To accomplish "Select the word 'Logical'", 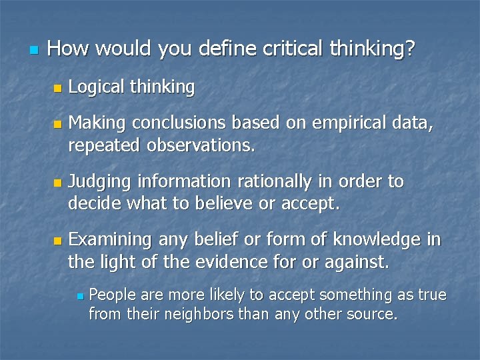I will click(x=95, y=87).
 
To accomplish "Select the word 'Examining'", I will click(x=111, y=239).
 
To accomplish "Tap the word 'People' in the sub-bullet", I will click(x=110, y=295).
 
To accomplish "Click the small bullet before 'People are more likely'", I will click(x=78, y=295).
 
